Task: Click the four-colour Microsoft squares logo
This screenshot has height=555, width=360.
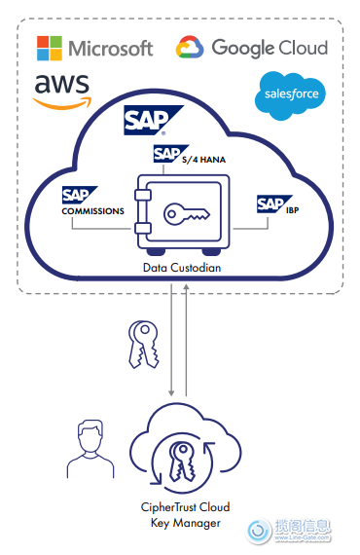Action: (x=49, y=48)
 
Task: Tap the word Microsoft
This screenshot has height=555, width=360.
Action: (x=110, y=48)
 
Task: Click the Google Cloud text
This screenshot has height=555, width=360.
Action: (x=270, y=47)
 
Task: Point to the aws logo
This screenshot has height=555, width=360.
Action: (x=61, y=91)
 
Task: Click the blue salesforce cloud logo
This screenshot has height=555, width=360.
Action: (x=289, y=94)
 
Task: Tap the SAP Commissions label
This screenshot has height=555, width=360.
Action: (x=92, y=202)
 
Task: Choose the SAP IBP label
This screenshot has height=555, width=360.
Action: (x=275, y=203)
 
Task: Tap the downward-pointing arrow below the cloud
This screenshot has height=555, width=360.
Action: (x=172, y=341)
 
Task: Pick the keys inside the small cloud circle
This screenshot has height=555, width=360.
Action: (x=184, y=463)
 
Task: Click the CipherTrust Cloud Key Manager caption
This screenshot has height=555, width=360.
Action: (x=184, y=514)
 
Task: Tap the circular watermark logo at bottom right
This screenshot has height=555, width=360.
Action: (x=259, y=531)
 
